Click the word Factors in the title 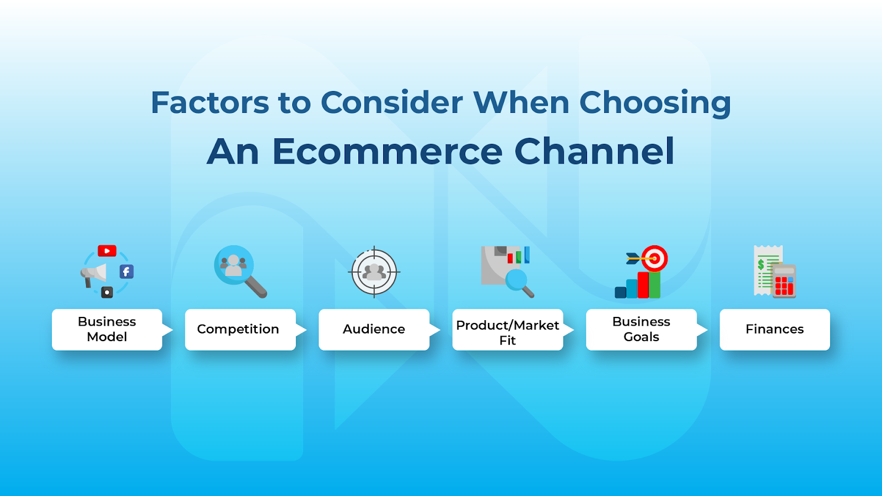tap(209, 103)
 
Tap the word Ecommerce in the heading tap(388, 152)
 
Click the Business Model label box tap(107, 330)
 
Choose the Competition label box tap(240, 330)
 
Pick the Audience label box tap(374, 330)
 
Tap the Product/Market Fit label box tap(508, 330)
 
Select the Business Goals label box tap(641, 330)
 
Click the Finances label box tap(775, 330)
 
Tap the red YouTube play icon tap(107, 251)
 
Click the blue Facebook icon tap(126, 272)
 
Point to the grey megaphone tap(93, 274)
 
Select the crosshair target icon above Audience tap(374, 272)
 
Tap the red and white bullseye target tap(654, 258)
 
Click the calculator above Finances tap(783, 281)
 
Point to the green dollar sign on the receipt tap(761, 265)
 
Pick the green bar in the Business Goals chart tap(654, 284)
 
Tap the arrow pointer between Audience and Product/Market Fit tap(435, 330)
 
